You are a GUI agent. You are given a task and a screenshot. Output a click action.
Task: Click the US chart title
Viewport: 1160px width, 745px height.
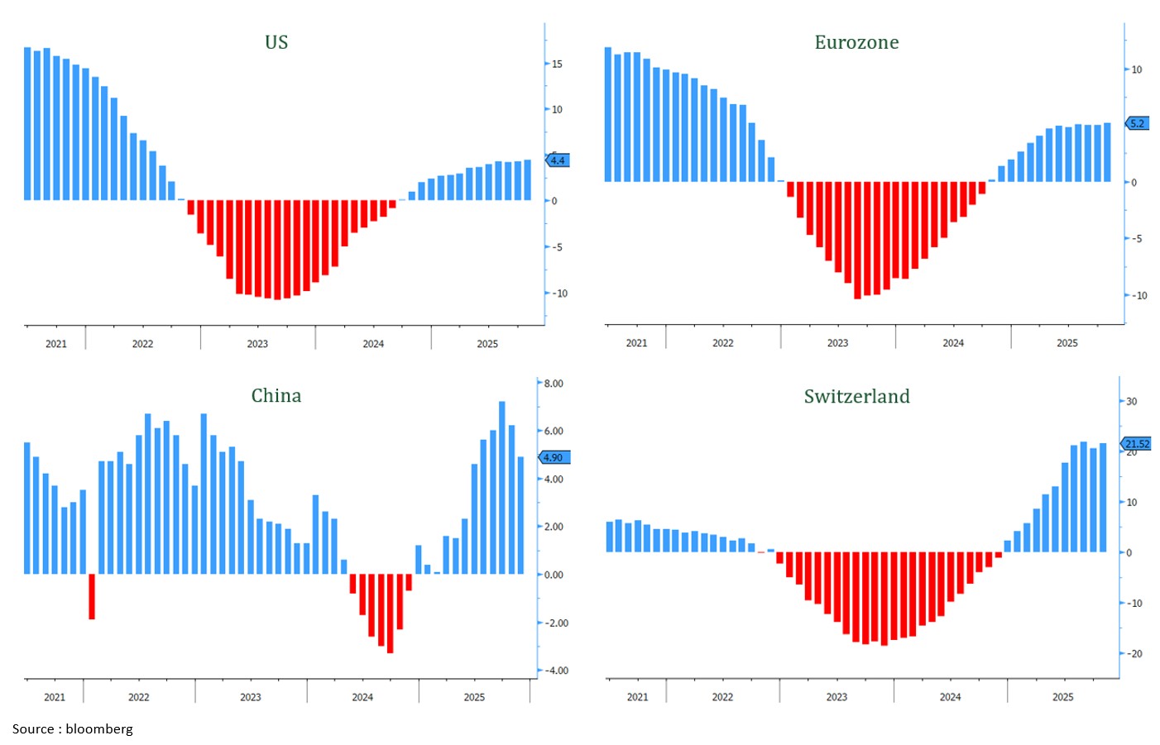tap(276, 42)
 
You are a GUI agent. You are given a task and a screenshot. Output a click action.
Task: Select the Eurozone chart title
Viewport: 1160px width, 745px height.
tap(856, 42)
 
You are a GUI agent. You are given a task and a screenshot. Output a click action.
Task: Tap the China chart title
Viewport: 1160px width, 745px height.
tap(276, 395)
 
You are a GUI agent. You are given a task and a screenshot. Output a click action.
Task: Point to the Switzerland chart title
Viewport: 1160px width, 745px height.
tap(856, 396)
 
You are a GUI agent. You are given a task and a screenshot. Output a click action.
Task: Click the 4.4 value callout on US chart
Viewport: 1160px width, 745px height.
tap(558, 160)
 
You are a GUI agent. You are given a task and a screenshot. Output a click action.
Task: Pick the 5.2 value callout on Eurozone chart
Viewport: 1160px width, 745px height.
tap(1138, 123)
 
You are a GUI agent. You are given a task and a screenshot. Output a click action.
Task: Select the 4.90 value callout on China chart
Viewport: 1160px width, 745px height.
tap(554, 457)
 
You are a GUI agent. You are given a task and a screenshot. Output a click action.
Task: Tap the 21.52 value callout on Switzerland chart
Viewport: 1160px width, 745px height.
tap(1137, 444)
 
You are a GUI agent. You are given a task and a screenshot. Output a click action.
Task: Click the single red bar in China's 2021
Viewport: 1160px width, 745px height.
tap(92, 596)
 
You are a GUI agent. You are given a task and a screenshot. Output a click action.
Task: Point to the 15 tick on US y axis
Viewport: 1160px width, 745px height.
tap(557, 64)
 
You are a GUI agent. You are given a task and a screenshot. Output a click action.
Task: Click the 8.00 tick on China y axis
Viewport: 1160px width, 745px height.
tap(554, 384)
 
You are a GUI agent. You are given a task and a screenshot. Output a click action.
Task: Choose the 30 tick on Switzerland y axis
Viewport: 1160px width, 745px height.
tap(1132, 401)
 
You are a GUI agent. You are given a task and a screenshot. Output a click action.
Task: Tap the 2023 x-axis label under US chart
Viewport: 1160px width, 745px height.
tap(257, 344)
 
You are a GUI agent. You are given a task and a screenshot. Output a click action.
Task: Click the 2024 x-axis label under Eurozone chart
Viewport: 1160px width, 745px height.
tap(953, 343)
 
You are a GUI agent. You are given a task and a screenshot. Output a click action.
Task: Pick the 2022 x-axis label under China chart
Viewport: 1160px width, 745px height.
tap(139, 697)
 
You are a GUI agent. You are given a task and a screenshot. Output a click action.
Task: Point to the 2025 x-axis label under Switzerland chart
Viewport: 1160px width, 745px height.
tap(1063, 697)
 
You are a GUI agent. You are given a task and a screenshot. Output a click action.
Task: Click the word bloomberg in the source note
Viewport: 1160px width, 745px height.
tap(99, 728)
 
